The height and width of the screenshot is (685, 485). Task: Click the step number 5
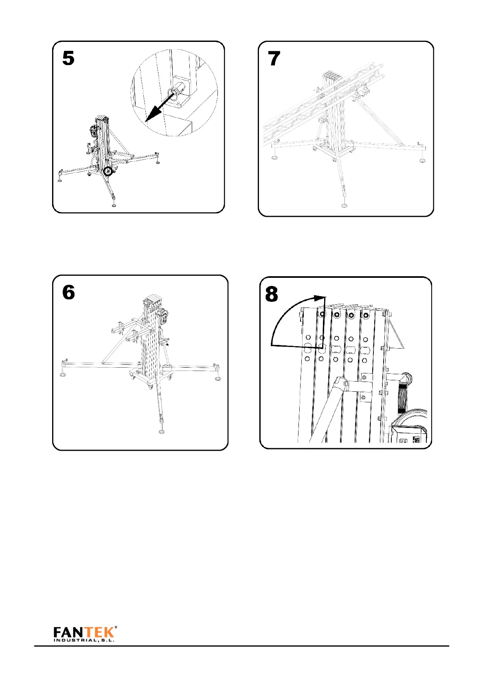tap(68, 58)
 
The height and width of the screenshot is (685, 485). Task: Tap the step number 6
tap(68, 292)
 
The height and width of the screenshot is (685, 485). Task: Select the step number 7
tap(274, 58)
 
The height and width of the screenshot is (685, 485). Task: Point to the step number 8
tap(272, 294)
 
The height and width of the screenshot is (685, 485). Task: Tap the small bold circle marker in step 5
tap(108, 171)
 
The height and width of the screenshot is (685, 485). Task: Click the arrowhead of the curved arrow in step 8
tap(321, 298)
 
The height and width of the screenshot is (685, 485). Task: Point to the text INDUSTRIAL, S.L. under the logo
tap(84, 640)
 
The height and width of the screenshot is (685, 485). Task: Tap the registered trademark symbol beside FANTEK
tap(116, 627)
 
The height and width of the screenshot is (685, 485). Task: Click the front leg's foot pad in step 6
tap(162, 432)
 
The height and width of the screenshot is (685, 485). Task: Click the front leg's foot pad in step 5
tap(114, 204)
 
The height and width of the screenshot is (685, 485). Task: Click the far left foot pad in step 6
tap(64, 374)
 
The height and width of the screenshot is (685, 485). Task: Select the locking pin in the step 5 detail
tap(176, 91)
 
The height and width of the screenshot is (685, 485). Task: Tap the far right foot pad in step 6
tap(218, 378)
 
